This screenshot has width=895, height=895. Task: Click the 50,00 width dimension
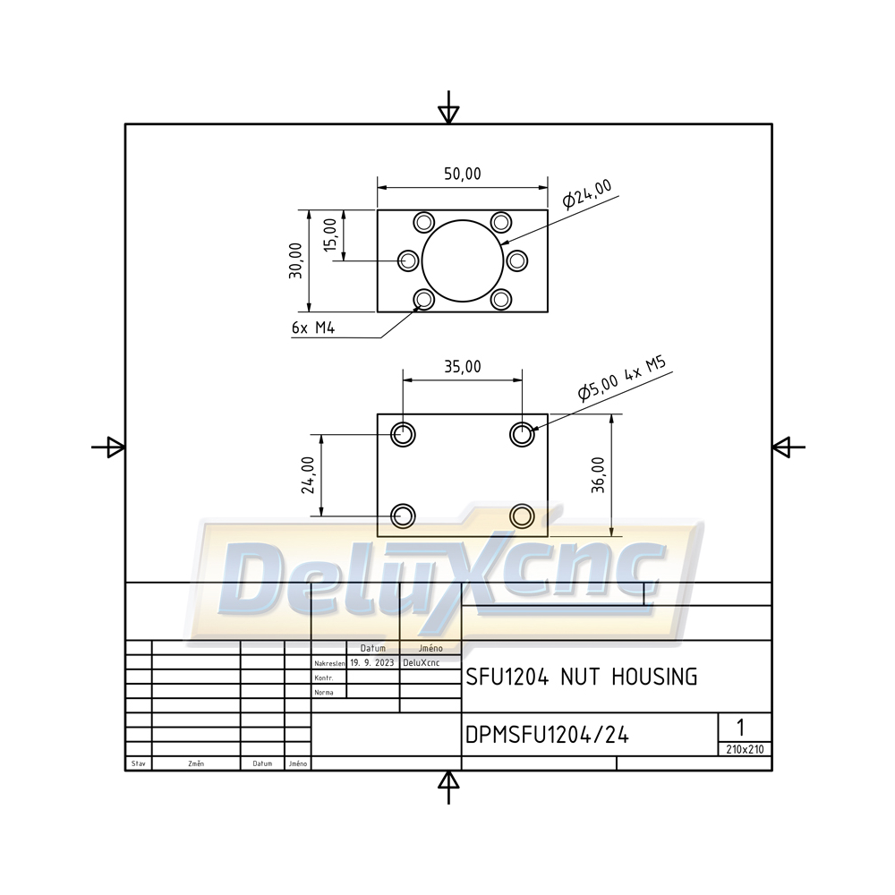[x=463, y=174]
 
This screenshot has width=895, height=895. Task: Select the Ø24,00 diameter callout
[x=587, y=194]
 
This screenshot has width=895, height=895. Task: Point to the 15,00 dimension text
[x=330, y=234]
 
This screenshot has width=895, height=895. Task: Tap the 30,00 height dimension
[x=295, y=260]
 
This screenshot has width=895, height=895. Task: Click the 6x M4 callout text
[x=312, y=328]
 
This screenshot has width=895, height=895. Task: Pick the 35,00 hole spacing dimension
[x=463, y=366]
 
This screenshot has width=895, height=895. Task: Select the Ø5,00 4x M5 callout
[x=622, y=379]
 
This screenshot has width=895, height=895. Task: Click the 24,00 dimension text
[x=308, y=475]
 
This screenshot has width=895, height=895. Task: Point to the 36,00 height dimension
[x=598, y=475]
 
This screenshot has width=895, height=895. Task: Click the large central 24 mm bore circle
[x=463, y=220]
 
